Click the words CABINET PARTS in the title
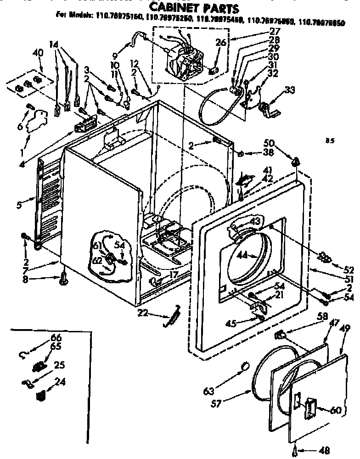[195, 8]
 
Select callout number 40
[38, 53]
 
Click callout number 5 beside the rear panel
[18, 206]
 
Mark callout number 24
[60, 381]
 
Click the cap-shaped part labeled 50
[296, 162]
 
